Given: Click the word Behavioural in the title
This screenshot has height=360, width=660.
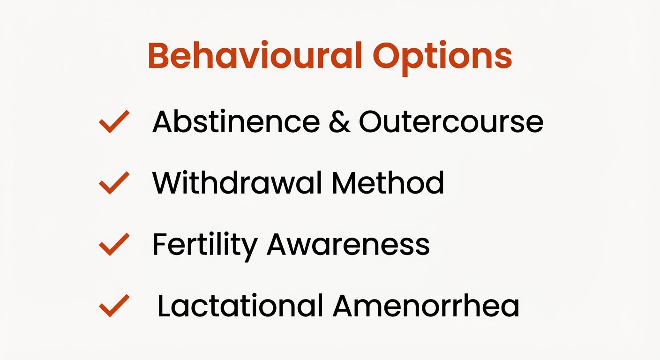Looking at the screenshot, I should (255, 56).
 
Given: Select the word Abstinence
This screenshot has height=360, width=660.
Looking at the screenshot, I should (236, 121).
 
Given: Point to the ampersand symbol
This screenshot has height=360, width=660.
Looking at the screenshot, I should (339, 121).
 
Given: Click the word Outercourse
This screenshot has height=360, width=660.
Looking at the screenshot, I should (451, 121).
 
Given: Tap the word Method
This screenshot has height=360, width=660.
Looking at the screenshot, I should (388, 182).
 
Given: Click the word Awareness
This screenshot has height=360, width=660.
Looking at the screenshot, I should (348, 244).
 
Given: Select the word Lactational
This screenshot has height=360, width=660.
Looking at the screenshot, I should (240, 306).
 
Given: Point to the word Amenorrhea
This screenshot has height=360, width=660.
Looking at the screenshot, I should (426, 306).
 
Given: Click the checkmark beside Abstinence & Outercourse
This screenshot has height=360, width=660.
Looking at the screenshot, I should (114, 121).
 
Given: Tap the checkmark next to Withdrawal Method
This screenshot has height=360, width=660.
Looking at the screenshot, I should (114, 183).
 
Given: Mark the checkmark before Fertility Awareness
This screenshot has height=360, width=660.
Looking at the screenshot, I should (114, 244).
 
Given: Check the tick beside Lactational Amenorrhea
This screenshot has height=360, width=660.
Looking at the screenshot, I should (114, 306).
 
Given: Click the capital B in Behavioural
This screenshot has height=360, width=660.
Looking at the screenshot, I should (160, 56).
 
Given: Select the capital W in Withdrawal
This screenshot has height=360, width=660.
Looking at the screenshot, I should (167, 182).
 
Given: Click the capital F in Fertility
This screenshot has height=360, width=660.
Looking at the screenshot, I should (160, 244).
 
